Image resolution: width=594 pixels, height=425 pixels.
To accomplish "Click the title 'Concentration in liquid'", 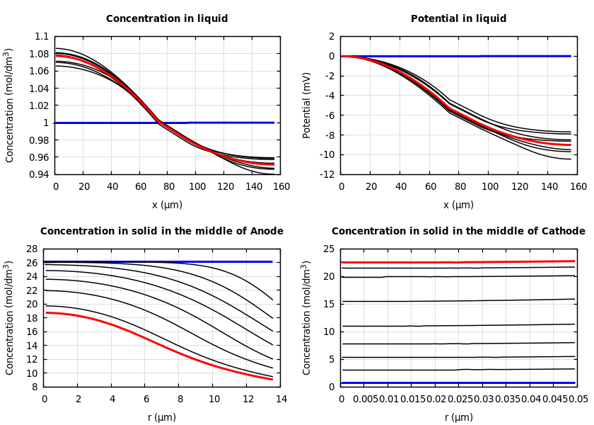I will (167, 19).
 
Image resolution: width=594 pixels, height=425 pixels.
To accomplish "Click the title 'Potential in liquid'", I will (458, 19).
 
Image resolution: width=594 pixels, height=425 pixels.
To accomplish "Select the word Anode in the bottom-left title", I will (266, 232).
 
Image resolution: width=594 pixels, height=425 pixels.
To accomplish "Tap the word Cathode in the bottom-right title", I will (562, 232).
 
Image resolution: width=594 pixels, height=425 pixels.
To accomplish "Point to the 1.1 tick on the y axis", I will (42, 36).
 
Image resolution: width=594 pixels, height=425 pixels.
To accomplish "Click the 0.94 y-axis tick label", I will (39, 174).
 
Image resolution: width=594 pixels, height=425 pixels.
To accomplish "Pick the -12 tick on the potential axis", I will (326, 174).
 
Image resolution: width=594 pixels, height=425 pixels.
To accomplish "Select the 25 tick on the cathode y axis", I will (328, 249).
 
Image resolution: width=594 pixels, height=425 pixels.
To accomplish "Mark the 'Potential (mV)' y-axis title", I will (307, 105).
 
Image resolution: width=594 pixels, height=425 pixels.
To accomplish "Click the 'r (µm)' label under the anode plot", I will (162, 417).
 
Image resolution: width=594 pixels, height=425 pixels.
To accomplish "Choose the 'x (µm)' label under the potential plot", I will (458, 205).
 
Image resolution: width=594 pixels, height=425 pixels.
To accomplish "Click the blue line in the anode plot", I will (141, 261).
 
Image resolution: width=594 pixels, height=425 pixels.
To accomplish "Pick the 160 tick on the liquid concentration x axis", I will (281, 187).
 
